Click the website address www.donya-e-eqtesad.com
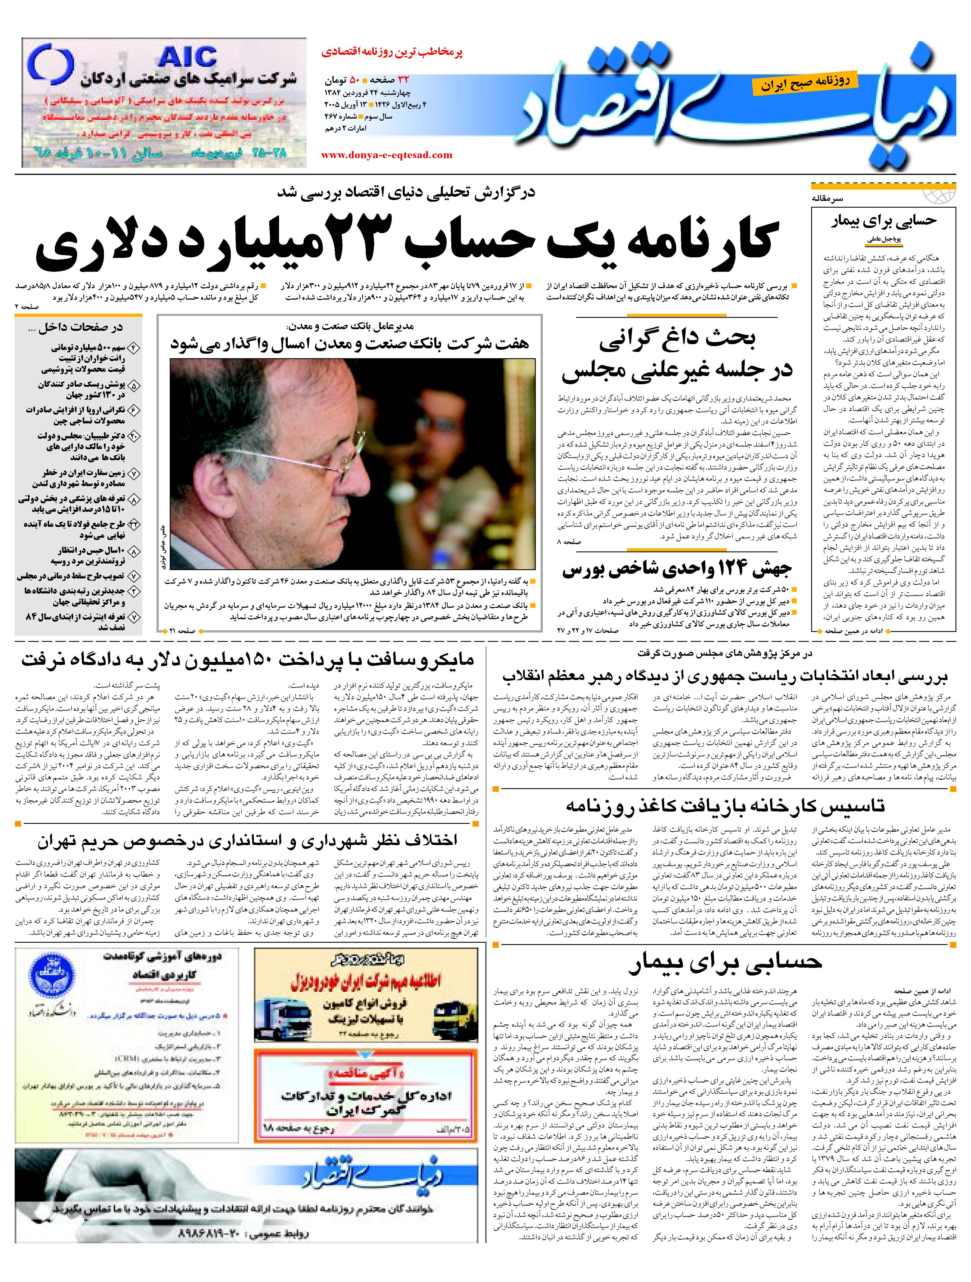click(386, 155)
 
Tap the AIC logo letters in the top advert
click(188, 57)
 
